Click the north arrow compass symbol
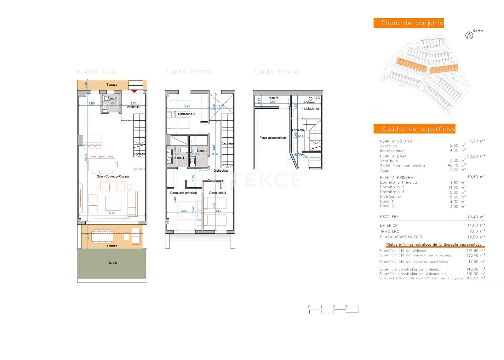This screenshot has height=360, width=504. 469,36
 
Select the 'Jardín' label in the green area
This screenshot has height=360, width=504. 112,263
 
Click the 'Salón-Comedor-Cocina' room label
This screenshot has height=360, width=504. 112,176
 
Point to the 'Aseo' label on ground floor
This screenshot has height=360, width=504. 111,99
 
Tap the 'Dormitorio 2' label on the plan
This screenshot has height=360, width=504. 186,114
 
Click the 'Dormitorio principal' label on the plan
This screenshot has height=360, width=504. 183,193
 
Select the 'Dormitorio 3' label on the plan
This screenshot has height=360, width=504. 218,193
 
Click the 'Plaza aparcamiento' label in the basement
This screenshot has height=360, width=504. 273,138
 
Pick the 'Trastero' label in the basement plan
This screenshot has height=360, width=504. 272,98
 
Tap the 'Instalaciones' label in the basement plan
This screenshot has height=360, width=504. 310,109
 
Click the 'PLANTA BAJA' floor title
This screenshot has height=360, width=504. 96,72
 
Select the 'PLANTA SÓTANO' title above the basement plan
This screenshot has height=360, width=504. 276,72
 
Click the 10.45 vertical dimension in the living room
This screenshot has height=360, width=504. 86,157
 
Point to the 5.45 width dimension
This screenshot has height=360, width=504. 112,213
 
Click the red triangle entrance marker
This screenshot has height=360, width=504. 134,91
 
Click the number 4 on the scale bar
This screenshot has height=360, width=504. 358,307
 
